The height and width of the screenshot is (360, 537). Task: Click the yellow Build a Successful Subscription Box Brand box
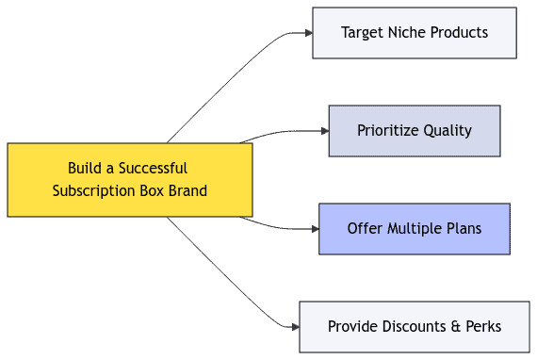(130, 180)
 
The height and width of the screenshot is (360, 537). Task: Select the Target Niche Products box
(415, 33)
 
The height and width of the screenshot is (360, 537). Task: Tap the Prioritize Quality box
(415, 131)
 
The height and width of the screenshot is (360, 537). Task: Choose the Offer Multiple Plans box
(415, 229)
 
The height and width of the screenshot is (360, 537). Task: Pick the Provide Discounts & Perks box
(415, 327)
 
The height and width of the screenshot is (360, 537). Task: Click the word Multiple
(415, 229)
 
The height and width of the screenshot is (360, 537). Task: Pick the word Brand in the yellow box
(187, 191)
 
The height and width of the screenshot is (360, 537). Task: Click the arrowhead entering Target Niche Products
(307, 33)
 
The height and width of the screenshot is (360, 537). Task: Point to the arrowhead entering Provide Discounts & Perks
(294, 327)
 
